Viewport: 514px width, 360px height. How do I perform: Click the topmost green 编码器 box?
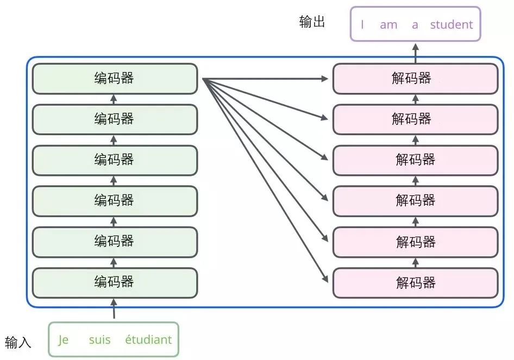[x=114, y=79]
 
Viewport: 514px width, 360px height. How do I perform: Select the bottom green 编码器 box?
[x=114, y=282]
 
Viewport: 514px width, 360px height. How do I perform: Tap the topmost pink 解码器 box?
[x=415, y=79]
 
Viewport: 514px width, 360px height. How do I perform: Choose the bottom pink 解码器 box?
[x=415, y=282]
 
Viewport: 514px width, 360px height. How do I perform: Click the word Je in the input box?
[x=64, y=340]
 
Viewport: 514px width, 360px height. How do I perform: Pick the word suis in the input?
[x=99, y=340]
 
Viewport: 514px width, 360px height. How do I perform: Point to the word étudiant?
[x=148, y=340]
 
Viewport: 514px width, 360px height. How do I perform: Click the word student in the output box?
[x=451, y=24]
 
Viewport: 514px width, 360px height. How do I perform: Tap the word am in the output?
[x=388, y=24]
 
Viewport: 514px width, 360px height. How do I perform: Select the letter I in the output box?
[x=362, y=24]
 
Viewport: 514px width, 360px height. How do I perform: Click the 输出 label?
[x=312, y=22]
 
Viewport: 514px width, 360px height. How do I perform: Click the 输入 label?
[x=18, y=343]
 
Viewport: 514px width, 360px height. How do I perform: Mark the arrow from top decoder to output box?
[x=416, y=52]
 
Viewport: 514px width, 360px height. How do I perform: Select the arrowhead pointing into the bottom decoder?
[x=325, y=279]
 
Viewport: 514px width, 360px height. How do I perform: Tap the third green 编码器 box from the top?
[x=114, y=160]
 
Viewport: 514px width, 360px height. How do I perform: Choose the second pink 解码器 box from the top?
[x=415, y=119]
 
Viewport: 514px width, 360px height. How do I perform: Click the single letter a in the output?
[x=415, y=24]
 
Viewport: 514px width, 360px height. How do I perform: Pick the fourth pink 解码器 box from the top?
[x=415, y=201]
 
